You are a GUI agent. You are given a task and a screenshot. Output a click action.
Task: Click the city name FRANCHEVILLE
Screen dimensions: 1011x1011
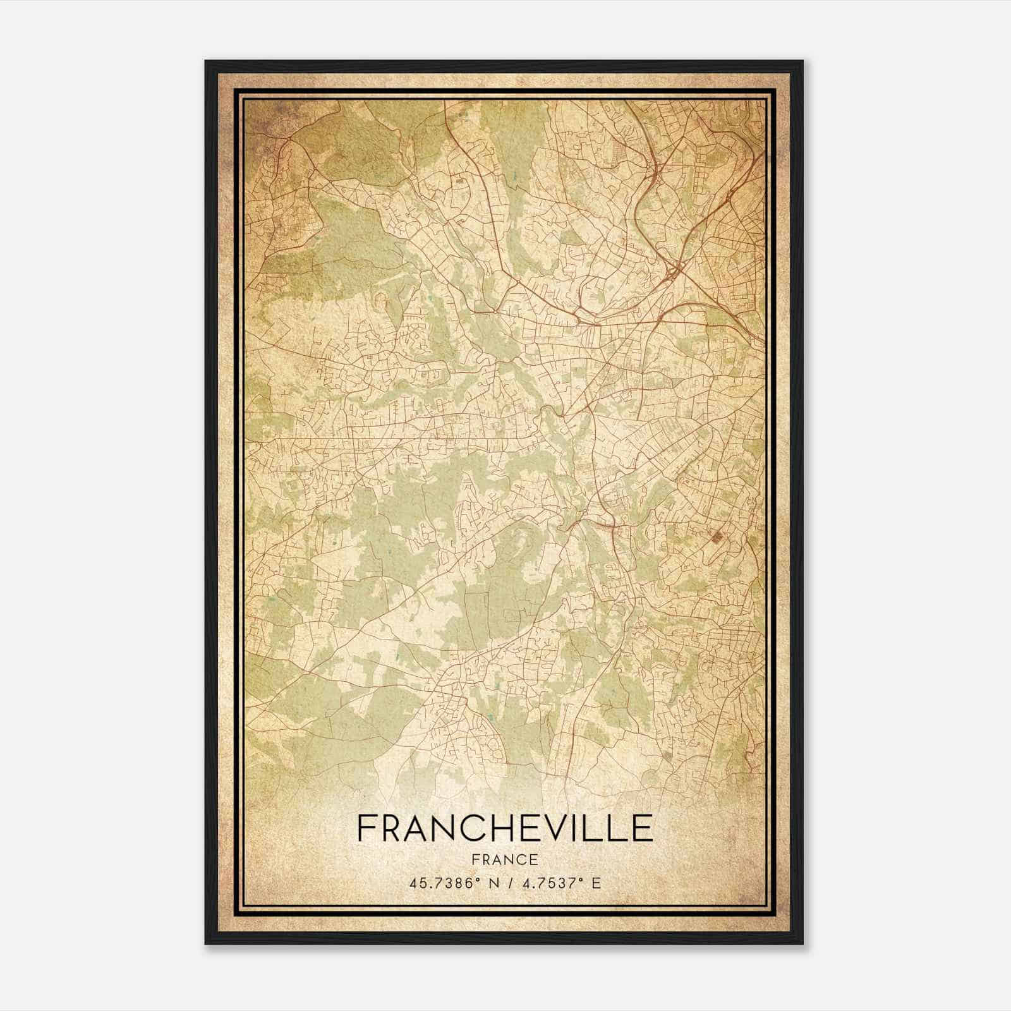tap(505, 828)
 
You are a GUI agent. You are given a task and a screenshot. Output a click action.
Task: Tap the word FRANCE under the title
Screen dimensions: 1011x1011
tap(505, 859)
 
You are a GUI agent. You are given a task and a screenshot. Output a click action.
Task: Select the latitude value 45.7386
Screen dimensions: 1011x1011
tap(439, 883)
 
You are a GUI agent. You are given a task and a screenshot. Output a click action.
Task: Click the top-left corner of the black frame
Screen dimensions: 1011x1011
tap(206, 61)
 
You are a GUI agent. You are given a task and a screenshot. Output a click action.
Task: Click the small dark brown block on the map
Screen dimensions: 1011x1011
tap(717, 537)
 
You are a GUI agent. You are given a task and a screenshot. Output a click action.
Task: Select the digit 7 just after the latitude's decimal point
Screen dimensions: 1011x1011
tap(430, 883)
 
